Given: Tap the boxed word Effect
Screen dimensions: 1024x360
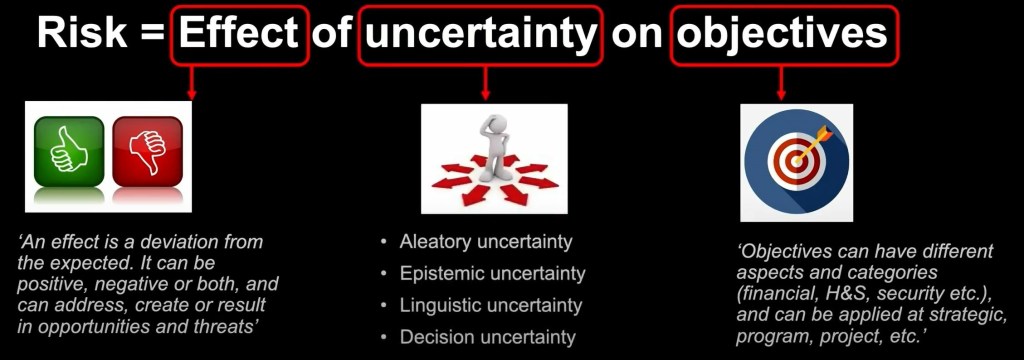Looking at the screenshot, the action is tap(239, 34).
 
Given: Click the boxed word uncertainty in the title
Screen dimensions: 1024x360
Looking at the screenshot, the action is tap(479, 35).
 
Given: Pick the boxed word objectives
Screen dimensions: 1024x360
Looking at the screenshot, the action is tap(781, 35).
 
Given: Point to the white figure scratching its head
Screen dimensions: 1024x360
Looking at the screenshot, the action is tap(494, 148).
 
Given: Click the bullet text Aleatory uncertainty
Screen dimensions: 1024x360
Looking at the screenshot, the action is tap(486, 242).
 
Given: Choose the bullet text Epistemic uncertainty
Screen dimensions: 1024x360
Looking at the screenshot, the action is tap(492, 274).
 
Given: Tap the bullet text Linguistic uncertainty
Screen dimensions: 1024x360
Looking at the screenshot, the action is tap(490, 306).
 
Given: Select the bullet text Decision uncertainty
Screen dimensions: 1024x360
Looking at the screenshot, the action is tap(488, 337).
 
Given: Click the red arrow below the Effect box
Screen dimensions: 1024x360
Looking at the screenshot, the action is tap(191, 82).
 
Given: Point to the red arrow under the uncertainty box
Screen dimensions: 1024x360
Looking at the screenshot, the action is tap(485, 83).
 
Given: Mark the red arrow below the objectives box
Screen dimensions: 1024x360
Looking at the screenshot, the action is tap(781, 83).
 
